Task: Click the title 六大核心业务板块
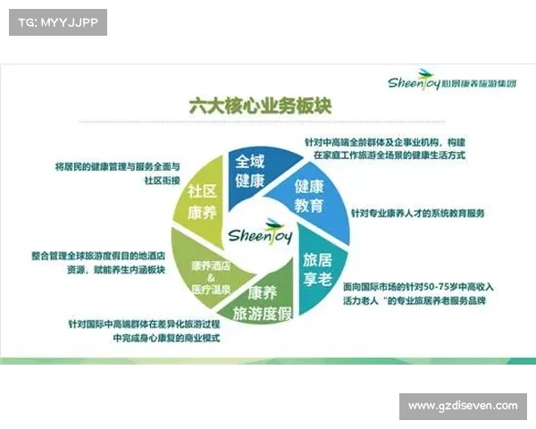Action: coord(261,105)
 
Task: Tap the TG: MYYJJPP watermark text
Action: coord(56,22)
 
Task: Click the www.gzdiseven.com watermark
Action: coord(462,406)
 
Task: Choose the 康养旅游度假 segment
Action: coord(263,304)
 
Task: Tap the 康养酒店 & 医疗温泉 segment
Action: coord(211,278)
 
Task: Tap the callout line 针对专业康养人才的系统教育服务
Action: coord(417,214)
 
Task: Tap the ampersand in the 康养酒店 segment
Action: coord(211,278)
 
